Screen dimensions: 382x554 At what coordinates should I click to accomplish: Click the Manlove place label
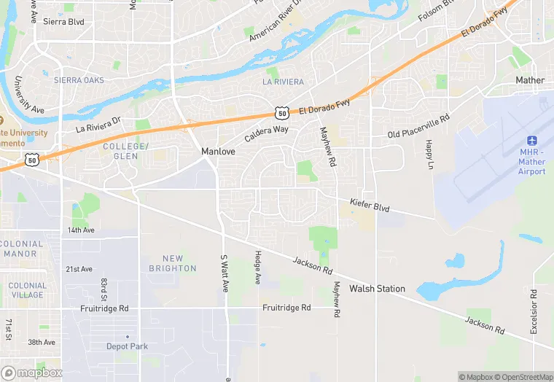pyautogui.click(x=216, y=152)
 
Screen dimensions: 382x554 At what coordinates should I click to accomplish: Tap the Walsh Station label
pyautogui.click(x=377, y=289)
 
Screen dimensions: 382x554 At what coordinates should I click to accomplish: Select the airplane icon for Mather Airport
pyautogui.click(x=531, y=140)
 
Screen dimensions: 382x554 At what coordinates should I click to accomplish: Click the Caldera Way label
pyautogui.click(x=266, y=133)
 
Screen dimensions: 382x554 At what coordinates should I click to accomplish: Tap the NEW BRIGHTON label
pyautogui.click(x=173, y=263)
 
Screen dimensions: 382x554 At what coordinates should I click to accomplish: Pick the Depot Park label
pyautogui.click(x=127, y=346)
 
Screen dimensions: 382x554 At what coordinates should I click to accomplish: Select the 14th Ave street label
pyautogui.click(x=81, y=230)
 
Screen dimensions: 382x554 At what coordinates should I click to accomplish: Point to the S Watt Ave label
pyautogui.click(x=225, y=273)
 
